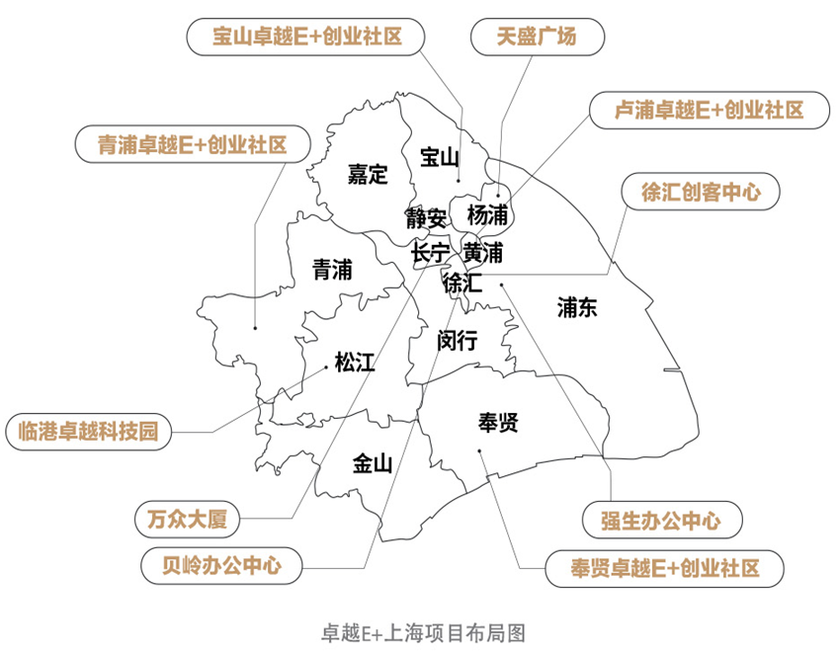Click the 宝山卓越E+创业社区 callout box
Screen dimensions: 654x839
pos(306,38)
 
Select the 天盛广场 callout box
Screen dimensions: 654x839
pos(537,38)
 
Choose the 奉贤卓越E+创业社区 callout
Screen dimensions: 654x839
pos(664,568)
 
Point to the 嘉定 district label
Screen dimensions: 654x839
pos(367,175)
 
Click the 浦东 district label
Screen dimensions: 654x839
pos(577,308)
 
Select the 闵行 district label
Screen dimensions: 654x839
pos(458,341)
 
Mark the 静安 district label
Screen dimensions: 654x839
pos(426,216)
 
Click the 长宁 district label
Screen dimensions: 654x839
pos(431,253)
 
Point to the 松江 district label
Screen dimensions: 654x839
pos(355,363)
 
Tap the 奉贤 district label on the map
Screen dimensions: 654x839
pos(498,424)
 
